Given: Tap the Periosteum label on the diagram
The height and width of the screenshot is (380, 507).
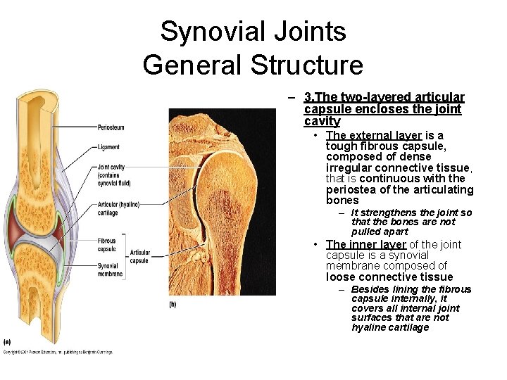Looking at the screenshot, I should (x=111, y=127).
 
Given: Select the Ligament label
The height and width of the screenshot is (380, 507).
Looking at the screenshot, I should (x=109, y=147).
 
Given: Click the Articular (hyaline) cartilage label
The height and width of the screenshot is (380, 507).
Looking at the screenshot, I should (x=118, y=208).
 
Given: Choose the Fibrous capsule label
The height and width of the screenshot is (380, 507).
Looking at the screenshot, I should (x=107, y=244).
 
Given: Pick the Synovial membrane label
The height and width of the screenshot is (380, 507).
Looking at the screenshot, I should (x=109, y=270).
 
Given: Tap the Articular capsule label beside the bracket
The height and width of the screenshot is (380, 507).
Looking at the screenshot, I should (x=139, y=256).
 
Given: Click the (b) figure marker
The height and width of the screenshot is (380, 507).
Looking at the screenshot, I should (x=173, y=304).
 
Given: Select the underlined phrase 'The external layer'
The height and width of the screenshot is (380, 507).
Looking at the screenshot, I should (x=374, y=135).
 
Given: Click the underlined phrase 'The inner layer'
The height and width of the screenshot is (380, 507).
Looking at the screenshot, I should (x=366, y=244).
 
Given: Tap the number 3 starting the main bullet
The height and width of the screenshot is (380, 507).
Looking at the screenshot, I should (x=308, y=97).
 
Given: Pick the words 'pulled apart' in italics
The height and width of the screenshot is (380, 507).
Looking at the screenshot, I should (x=380, y=232).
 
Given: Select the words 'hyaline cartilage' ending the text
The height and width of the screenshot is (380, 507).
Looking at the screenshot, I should (x=390, y=327).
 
